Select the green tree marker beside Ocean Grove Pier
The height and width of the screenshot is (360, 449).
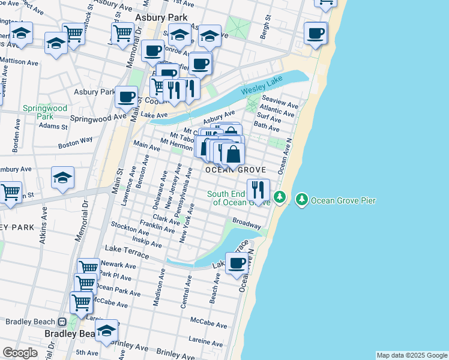(x=301, y=199)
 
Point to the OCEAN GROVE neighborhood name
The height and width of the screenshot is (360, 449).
(x=236, y=170)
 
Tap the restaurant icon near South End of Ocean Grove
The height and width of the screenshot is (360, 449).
(x=258, y=190)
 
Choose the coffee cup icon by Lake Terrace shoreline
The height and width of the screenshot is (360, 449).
(x=237, y=262)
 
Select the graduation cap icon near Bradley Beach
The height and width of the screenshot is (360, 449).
(x=106, y=330)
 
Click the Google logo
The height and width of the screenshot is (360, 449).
(x=20, y=353)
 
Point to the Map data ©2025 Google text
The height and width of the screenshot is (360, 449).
(x=411, y=355)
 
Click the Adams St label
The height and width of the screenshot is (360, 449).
(x=53, y=127)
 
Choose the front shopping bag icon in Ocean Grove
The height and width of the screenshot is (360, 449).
(x=233, y=155)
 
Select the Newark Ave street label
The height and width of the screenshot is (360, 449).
(x=118, y=264)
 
